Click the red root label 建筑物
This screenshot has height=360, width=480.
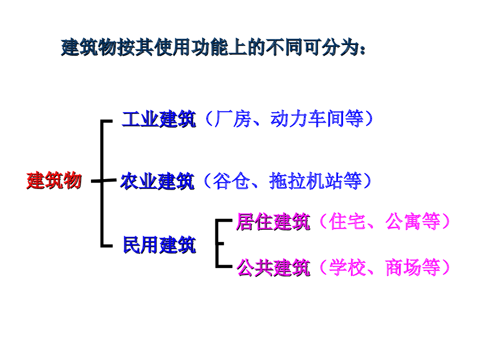[x=54, y=180]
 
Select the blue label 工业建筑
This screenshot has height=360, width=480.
[x=158, y=120]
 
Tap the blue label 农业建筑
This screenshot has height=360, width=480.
[x=157, y=181]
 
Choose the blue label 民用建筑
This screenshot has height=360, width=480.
[x=159, y=245]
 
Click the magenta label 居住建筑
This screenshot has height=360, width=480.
[x=273, y=222]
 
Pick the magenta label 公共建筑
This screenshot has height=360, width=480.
[x=273, y=268]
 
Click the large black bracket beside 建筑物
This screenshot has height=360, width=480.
[x=102, y=183]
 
